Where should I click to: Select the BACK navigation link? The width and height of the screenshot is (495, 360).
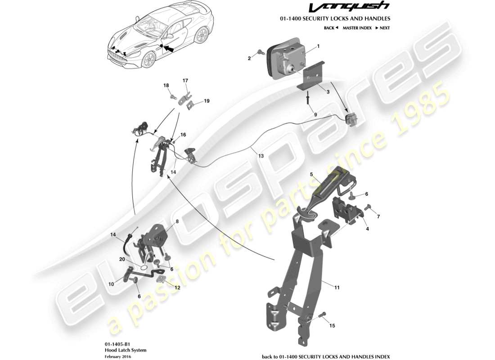coord(330,28)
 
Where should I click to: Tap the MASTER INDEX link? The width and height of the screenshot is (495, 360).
coord(357,28)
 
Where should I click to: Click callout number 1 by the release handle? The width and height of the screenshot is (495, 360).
coord(318,46)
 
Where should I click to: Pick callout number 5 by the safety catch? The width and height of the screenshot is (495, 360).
coord(310,174)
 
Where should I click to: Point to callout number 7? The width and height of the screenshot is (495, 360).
coord(378,216)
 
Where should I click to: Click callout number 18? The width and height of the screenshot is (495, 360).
coord(166,85)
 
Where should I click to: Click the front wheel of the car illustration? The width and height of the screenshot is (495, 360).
coord(147,60)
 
